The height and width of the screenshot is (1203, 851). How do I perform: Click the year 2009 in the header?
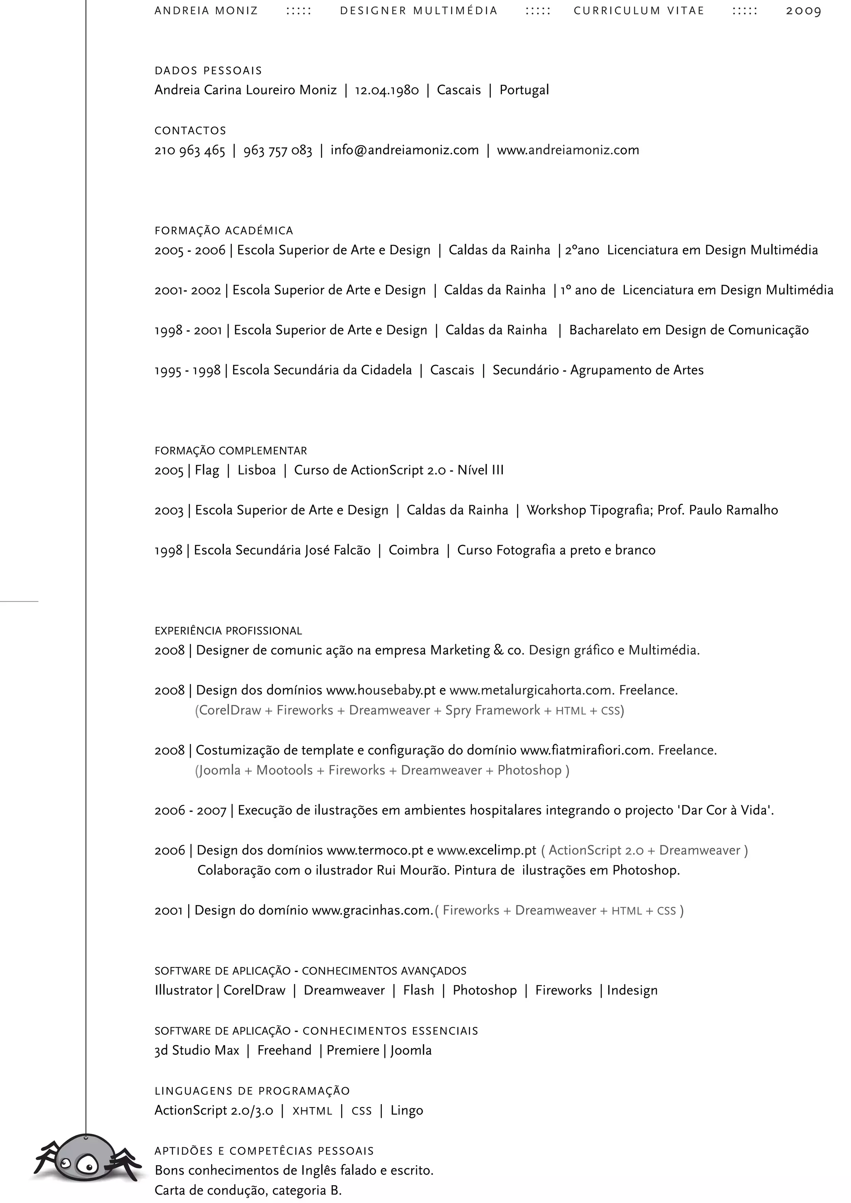[803, 11]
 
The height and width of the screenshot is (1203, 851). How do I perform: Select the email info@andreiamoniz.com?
[405, 150]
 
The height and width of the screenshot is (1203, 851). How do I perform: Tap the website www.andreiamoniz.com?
[568, 150]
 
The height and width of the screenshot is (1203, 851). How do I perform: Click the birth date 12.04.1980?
[387, 90]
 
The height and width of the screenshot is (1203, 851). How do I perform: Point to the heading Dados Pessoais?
[208, 71]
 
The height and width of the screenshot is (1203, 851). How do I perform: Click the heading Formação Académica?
[224, 231]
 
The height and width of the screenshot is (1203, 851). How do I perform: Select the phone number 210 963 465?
[190, 151]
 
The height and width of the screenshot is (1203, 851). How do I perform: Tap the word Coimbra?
[413, 550]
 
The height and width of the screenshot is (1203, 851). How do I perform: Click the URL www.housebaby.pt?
[381, 690]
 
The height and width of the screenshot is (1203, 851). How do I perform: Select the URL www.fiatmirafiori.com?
[586, 750]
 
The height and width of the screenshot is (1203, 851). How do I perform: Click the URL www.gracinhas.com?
[371, 911]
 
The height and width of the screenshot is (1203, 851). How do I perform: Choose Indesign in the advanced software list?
[632, 991]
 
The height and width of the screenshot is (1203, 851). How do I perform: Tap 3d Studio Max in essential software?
[197, 1051]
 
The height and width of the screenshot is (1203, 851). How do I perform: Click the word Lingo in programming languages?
[407, 1111]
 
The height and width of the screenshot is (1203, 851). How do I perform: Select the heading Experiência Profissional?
[228, 631]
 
